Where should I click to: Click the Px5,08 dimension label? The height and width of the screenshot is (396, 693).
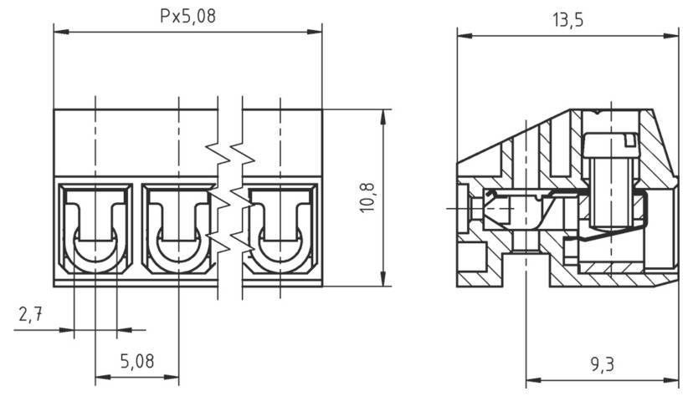pos(188,16)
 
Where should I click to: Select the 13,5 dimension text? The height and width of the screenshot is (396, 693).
pos(567,20)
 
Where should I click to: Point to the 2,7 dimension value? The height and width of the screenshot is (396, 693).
pos(31,315)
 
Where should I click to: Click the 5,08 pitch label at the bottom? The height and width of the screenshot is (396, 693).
pos(137,361)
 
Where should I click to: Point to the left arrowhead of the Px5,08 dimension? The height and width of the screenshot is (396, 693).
pos(59,32)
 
